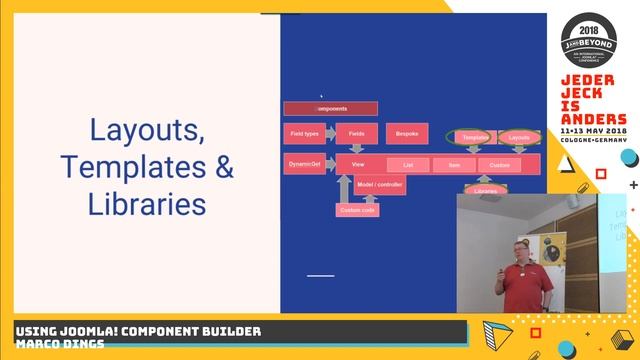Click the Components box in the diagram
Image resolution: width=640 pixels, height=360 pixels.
pos(330,108)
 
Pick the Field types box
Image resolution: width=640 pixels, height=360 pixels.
pos(304,133)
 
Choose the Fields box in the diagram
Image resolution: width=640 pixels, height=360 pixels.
pos(356,133)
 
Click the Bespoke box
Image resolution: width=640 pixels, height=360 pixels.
pos(407,133)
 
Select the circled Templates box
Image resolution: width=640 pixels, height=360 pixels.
pos(475,137)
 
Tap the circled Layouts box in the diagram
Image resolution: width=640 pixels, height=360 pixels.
pos(519,137)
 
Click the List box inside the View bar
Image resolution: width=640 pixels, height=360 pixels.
pos(408,165)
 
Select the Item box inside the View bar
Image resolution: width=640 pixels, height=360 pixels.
pos(454,165)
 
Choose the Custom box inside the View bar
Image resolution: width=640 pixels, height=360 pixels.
pos(499,165)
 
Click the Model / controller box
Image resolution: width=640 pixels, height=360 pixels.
pos(380,185)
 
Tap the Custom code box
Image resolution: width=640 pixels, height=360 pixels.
pos(357,210)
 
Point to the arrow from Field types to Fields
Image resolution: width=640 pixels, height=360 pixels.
pos(329,133)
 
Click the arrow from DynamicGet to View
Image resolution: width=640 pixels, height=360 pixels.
pos(329,164)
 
